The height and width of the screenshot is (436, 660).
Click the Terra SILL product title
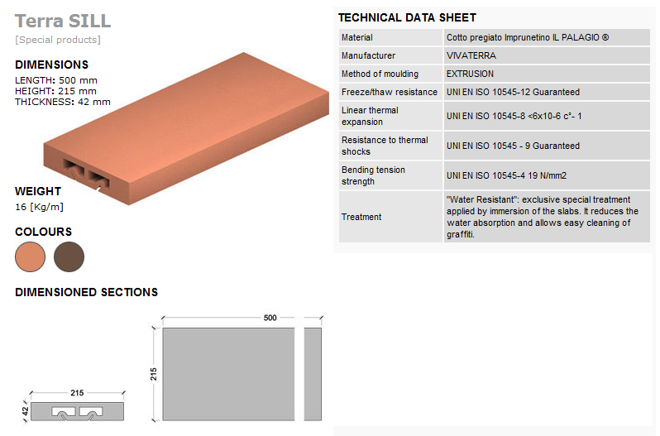63,21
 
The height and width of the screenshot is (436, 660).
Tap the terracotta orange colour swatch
31,256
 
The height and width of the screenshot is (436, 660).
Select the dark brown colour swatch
69,256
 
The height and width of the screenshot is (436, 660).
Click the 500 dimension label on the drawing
270,318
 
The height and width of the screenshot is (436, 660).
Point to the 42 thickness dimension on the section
26,411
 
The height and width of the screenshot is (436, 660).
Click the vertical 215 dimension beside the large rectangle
154,374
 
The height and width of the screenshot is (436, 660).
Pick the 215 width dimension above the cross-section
77,393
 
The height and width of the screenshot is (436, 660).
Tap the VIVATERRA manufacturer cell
471,55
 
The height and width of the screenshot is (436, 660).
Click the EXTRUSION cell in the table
470,74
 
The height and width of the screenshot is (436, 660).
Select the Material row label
357,37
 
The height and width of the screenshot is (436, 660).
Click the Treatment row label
361,217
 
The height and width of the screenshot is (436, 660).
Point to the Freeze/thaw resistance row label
390,92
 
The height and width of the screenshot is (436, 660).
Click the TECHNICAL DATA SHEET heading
407,17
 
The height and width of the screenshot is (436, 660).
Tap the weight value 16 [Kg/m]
39,207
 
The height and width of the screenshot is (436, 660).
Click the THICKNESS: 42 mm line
63,102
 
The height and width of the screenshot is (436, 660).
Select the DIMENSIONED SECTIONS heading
86,292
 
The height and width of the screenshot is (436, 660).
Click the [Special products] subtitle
58,40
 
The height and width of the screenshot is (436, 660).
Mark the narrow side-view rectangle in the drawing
313,374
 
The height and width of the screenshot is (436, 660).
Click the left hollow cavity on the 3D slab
74,166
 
